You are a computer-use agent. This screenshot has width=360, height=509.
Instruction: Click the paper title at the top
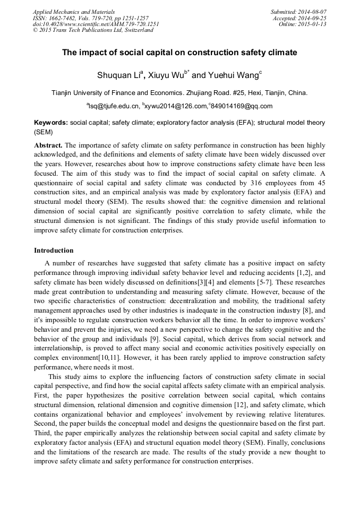[179, 53]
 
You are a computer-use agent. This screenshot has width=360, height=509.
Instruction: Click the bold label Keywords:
[51, 122]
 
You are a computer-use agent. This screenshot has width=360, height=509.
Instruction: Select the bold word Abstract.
[48, 145]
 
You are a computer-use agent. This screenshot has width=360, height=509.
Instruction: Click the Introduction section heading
[54, 250]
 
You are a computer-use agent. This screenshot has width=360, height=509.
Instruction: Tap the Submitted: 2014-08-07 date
[298, 12]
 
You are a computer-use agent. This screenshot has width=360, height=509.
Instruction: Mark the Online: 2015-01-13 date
[303, 24]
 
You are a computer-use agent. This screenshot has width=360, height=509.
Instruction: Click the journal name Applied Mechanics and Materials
[74, 12]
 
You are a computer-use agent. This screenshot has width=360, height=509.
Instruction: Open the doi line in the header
[96, 24]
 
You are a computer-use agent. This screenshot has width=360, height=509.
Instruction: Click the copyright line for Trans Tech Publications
[93, 30]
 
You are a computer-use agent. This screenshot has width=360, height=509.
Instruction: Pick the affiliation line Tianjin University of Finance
[179, 92]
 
